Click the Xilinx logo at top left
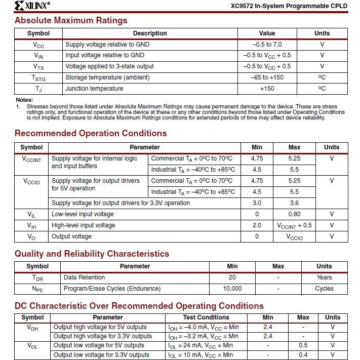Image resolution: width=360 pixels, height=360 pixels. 32,6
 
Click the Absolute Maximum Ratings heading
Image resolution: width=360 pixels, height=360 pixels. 71,20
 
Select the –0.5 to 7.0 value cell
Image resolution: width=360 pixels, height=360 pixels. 267,45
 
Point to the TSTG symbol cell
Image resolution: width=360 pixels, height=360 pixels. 38,78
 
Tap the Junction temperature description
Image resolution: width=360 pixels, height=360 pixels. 94,89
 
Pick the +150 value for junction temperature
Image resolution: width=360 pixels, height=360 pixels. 267,89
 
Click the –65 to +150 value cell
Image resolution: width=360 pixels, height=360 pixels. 267,77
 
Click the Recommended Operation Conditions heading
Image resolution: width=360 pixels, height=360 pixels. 91,133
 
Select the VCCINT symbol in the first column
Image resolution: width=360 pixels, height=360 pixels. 31,159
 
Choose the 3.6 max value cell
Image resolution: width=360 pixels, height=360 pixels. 294,203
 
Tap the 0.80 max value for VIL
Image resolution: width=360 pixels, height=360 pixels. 294,214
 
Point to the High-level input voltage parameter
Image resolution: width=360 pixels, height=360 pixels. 83,225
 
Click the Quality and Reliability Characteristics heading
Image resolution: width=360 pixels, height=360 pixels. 92,254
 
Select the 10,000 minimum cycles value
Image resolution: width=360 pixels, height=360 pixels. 232,289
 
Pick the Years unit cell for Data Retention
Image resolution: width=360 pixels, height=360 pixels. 324,277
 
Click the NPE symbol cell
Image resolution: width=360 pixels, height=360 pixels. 37,289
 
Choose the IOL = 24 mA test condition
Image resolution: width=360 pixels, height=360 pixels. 201,346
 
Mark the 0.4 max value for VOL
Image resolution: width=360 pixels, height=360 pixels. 303,355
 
